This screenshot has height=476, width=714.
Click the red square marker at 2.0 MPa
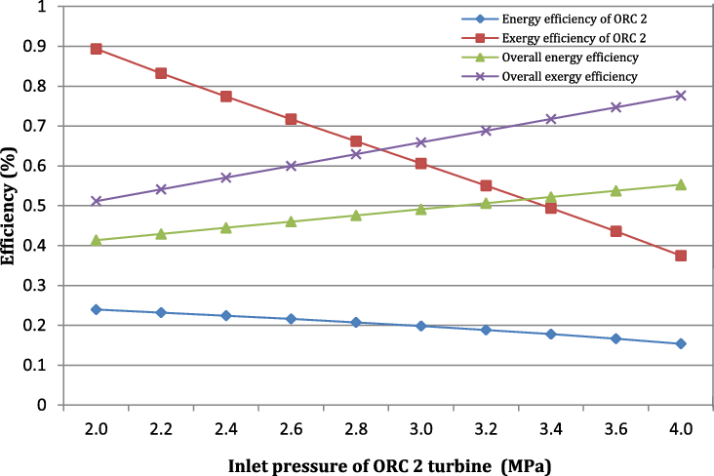pyautogui.click(x=97, y=49)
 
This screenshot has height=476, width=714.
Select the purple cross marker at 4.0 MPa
pyautogui.click(x=681, y=96)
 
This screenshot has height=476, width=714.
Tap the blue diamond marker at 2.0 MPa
pyautogui.click(x=97, y=309)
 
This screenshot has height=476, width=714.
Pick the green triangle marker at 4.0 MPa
pyautogui.click(x=681, y=184)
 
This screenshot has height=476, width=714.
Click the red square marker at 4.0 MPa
pyautogui.click(x=681, y=256)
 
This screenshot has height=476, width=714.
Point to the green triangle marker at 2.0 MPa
pyautogui.click(x=97, y=239)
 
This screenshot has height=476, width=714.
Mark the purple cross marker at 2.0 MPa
pyautogui.click(x=97, y=201)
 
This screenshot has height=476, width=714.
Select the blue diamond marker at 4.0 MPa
pyautogui.click(x=681, y=343)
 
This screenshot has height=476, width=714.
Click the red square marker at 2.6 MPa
pyautogui.click(x=291, y=119)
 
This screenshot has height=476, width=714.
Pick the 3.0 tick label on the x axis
pyautogui.click(x=420, y=428)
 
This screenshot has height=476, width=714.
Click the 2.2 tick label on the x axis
pyautogui.click(x=161, y=428)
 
